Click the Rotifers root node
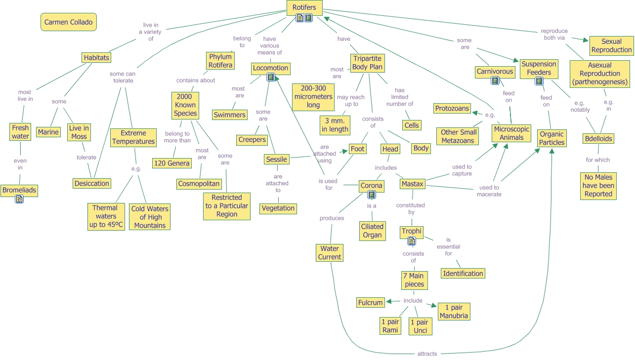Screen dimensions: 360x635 pos(304,7)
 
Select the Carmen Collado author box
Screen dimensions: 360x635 pos(69,22)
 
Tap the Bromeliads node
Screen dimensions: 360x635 pos(19,190)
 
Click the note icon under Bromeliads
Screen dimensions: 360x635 pos(19,199)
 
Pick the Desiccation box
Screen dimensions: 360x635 pos(91,183)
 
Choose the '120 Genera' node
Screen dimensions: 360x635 pos(171,163)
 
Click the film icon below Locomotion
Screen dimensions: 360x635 pos(270,77)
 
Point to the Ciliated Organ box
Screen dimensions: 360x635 pos(372,231)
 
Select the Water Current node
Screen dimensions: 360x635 pos(330,253)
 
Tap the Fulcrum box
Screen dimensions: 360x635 pos(371,302)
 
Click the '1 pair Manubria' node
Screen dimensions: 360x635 pos(453,312)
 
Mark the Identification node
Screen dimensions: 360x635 pos(463,273)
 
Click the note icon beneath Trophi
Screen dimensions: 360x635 pos(411,241)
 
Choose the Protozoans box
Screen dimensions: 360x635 pos(452,108)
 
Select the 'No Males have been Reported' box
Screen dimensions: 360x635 pos(598,186)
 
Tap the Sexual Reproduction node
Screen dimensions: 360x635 pos(611,45)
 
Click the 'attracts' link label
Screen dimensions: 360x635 pos(427,354)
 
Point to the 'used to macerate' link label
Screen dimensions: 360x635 pos(489,191)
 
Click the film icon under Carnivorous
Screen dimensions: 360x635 pos(495,81)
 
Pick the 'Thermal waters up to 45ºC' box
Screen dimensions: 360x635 pos(106,216)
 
